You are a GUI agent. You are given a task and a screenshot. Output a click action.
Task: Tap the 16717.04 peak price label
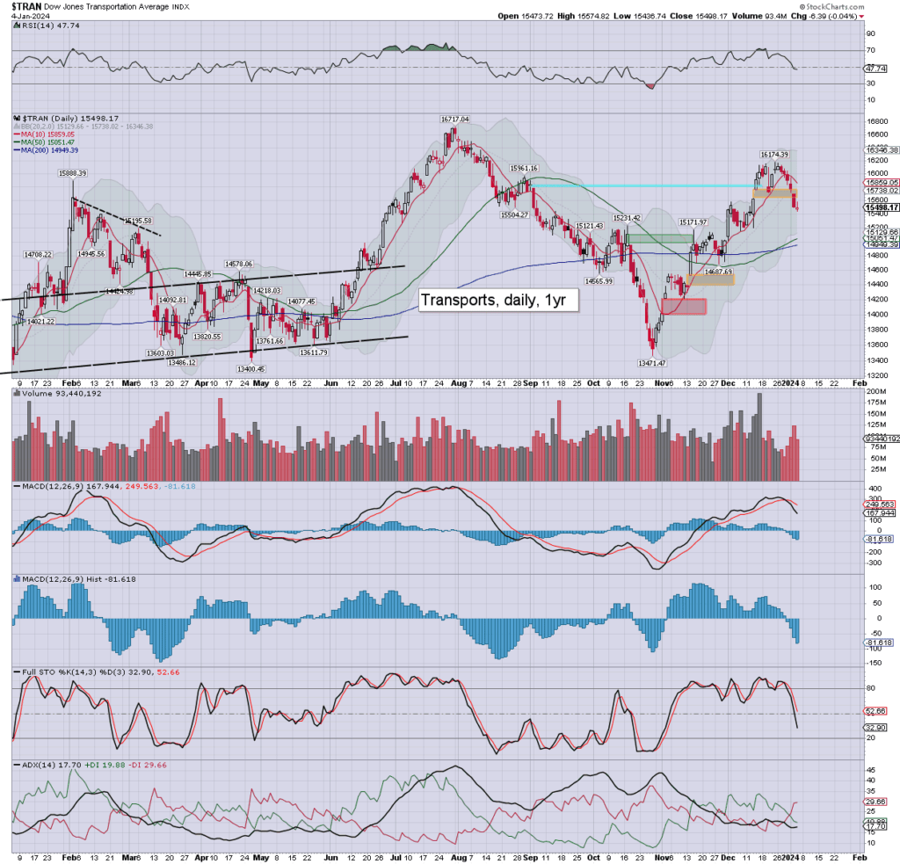tap(455, 119)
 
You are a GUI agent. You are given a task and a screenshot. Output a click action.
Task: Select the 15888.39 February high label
tap(74, 174)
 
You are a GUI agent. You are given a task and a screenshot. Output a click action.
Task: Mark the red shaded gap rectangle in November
tap(683, 307)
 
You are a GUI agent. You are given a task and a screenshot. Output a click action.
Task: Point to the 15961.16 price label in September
tap(530, 168)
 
